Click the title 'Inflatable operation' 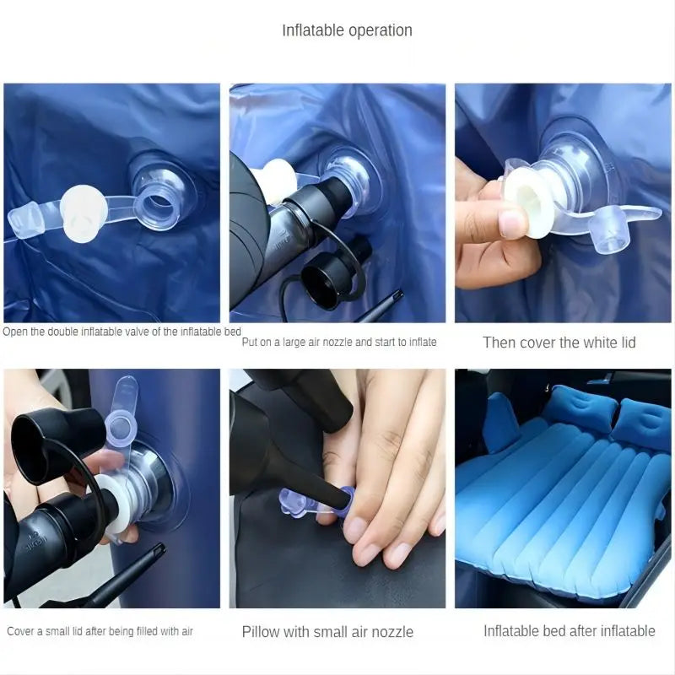(x=347, y=30)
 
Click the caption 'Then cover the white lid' (x=559, y=343)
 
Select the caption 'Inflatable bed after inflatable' (x=569, y=630)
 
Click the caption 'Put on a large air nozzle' (x=339, y=343)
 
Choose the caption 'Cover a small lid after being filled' (x=100, y=631)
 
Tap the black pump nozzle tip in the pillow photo (x=334, y=504)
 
